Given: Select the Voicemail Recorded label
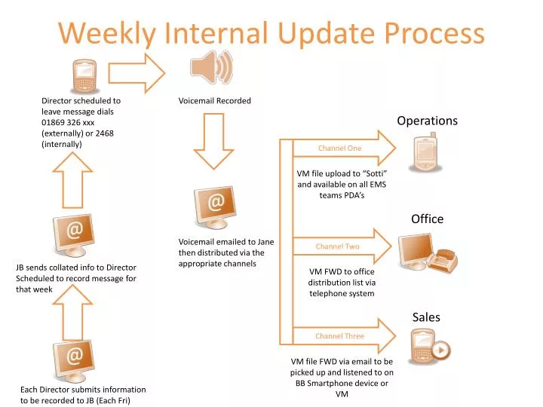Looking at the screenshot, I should pos(214,100).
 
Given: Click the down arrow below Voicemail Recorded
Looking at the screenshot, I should pos(213,141).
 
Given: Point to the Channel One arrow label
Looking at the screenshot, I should pos(339,148).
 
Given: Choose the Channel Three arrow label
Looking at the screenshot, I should pos(339,336).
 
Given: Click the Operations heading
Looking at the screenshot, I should pos(427,121).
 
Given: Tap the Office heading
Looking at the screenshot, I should pos(427,219).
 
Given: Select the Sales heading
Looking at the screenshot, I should pos(426,317).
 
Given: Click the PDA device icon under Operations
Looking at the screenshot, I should pos(425,153).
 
